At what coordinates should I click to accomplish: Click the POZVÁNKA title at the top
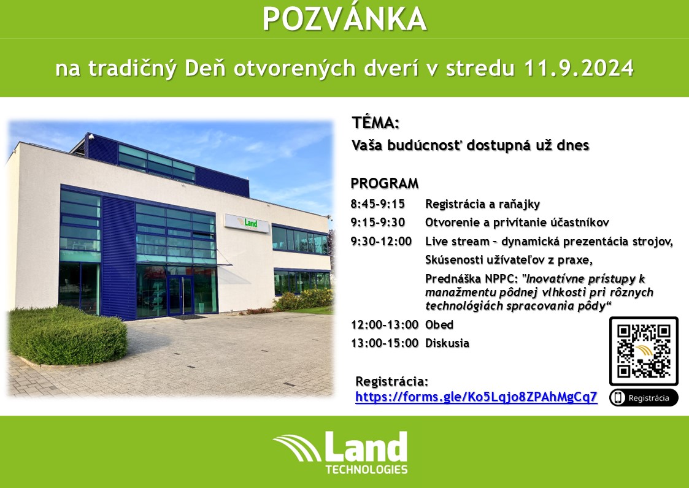(x=345, y=18)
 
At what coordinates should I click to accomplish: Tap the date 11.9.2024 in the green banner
(x=579, y=68)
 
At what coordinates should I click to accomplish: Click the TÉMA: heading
(x=375, y=123)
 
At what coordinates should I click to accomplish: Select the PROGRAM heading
(x=385, y=183)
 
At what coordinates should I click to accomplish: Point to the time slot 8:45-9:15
(x=378, y=204)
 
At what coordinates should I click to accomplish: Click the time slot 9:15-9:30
(x=378, y=223)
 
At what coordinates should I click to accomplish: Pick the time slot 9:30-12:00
(x=382, y=241)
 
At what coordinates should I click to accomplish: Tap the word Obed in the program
(x=439, y=324)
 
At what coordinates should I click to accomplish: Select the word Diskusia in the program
(x=447, y=343)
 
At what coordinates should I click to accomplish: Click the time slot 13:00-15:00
(x=385, y=343)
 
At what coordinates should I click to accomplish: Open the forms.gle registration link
(x=476, y=397)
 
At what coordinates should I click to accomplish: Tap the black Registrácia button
(x=644, y=397)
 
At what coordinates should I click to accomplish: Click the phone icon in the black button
(x=618, y=397)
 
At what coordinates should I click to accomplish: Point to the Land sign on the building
(x=247, y=223)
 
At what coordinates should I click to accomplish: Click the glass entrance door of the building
(x=180, y=295)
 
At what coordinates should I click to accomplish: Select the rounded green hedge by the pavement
(x=67, y=334)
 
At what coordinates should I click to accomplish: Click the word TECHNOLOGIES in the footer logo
(x=366, y=469)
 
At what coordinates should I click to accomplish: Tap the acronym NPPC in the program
(x=502, y=279)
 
